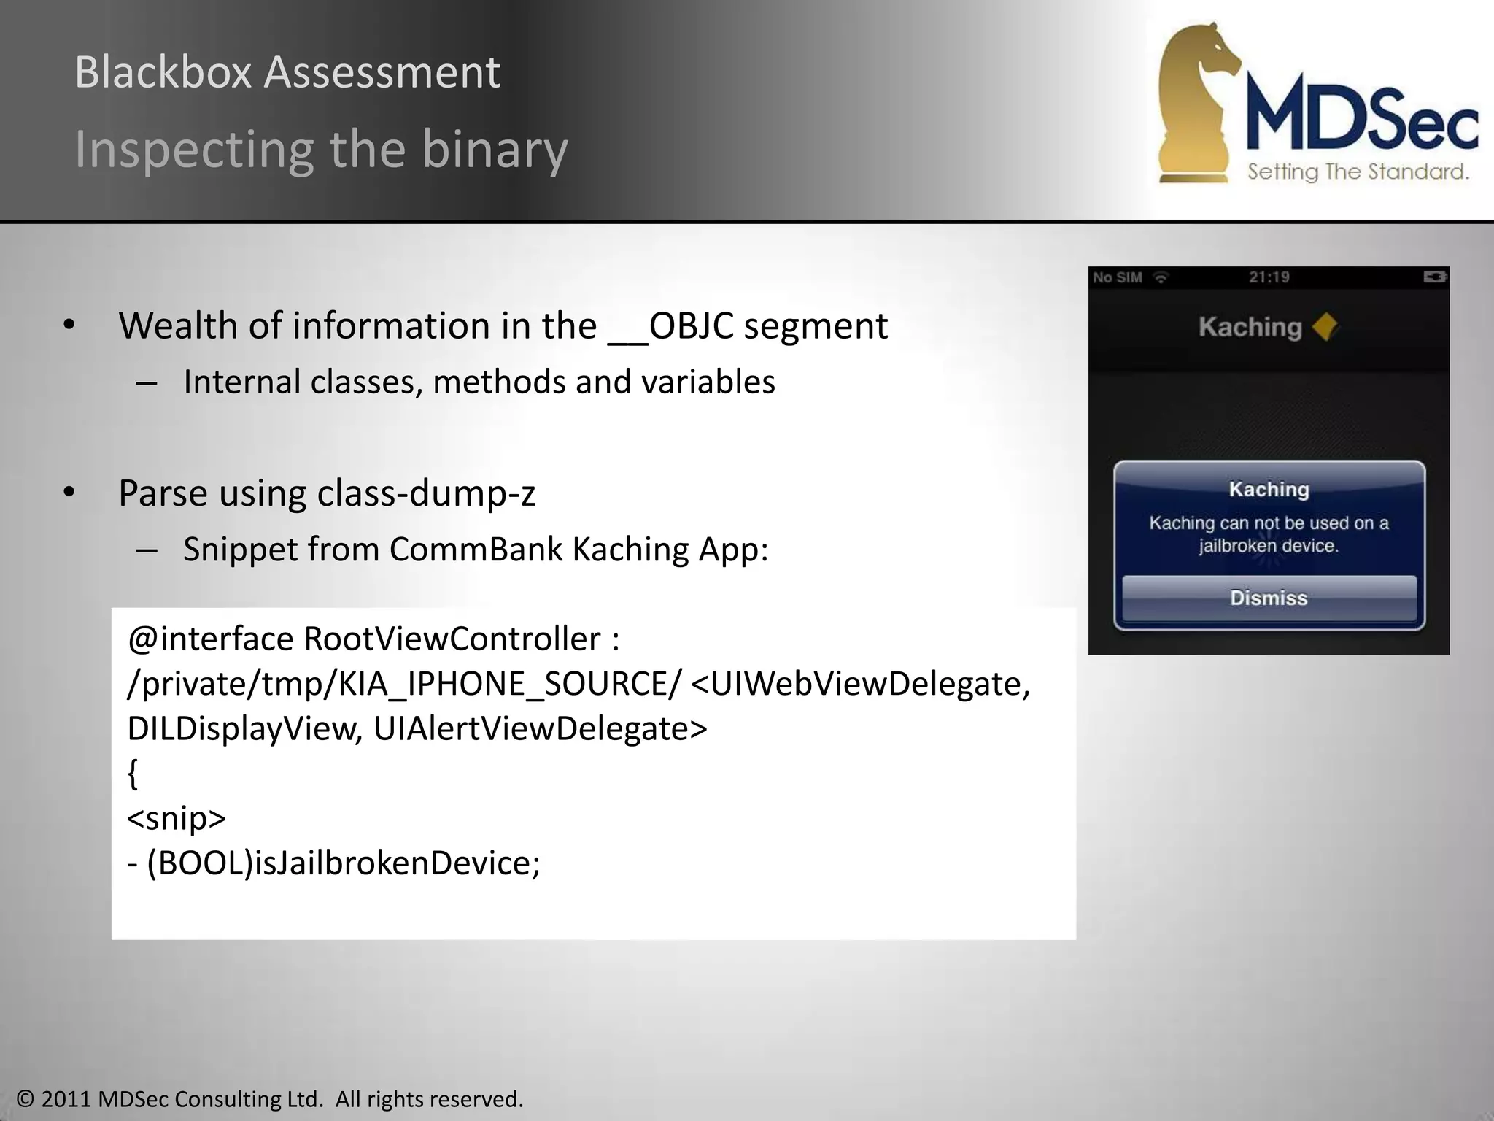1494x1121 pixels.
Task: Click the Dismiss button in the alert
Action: pyautogui.click(x=1269, y=598)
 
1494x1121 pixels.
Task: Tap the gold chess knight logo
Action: pyautogui.click(x=1196, y=102)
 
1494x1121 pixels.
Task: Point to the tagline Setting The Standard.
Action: pyautogui.click(x=1358, y=172)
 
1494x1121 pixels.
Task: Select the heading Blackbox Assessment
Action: pyautogui.click(x=287, y=72)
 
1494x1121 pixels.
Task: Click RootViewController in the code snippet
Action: pyautogui.click(x=452, y=639)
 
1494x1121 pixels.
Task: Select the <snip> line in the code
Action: pyautogui.click(x=177, y=818)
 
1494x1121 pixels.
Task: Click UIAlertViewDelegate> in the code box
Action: pyautogui.click(x=541, y=729)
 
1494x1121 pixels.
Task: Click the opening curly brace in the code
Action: pyautogui.click(x=133, y=774)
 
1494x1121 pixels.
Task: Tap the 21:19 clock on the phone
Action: pyautogui.click(x=1269, y=277)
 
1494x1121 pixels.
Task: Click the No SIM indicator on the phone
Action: pyautogui.click(x=1118, y=277)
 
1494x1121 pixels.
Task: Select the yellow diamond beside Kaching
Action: pyautogui.click(x=1325, y=327)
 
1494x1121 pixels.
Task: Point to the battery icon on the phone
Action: pyautogui.click(x=1434, y=277)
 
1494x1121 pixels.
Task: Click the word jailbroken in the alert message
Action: pyautogui.click(x=1230, y=547)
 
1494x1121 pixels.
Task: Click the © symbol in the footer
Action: pyautogui.click(x=26, y=1099)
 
